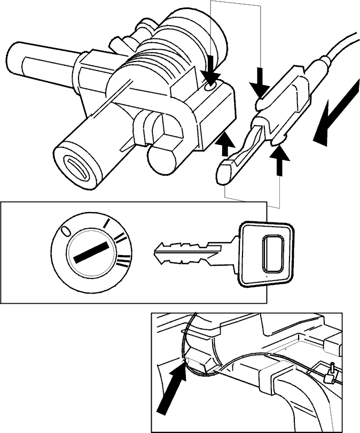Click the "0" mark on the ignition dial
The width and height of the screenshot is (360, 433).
pos(65,231)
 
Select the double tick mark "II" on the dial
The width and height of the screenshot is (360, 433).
pos(121,238)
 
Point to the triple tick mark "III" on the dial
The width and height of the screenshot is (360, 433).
pos(123,261)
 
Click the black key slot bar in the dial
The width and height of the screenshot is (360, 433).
pos(90,252)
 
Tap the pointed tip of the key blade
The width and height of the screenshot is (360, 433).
pos(155,252)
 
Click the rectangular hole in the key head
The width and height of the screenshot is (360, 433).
pos(272,253)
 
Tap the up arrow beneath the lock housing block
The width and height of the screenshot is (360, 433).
pos(225,144)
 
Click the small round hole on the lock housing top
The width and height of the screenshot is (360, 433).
pos(210,87)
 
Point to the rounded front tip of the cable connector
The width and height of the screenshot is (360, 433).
pos(224,173)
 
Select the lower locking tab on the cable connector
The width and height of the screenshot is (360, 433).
pos(279,141)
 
